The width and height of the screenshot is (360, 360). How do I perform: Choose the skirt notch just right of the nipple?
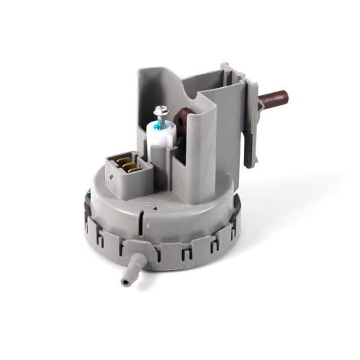click(x=167, y=253)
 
